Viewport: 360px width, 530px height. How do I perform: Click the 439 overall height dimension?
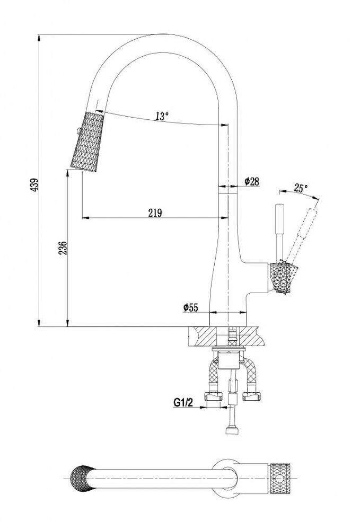tap(34, 184)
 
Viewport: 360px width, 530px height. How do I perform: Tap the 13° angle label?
tap(162, 116)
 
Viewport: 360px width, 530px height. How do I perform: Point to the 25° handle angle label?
tap(301, 188)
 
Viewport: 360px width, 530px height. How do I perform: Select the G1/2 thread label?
tap(182, 402)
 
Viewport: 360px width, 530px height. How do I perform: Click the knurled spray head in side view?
tap(85, 142)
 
